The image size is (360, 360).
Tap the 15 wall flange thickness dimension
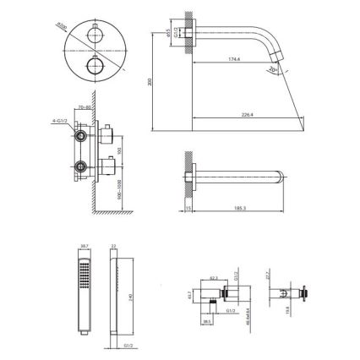click(x=188, y=207)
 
